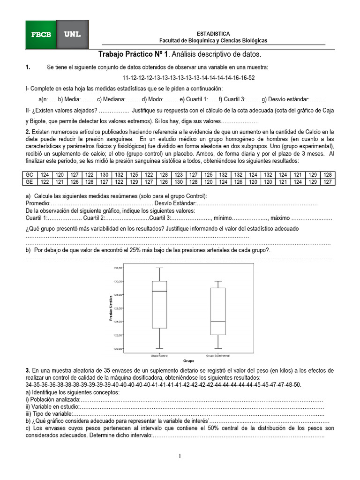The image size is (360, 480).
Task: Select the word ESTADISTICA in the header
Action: click(213, 34)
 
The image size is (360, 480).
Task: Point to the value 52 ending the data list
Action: click(252, 77)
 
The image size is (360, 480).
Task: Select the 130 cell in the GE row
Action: click(179, 182)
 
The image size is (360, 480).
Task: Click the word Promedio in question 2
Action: click(37, 203)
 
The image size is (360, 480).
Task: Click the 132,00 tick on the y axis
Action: click(118, 268)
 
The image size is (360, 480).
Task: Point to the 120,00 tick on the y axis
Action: click(118, 348)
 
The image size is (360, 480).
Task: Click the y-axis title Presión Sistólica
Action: click(111, 308)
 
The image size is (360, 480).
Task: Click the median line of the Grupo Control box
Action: click(160, 291)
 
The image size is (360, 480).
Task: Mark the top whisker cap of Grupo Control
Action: click(160, 268)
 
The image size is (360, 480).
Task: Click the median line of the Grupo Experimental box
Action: click(218, 322)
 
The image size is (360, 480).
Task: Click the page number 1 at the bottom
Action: click(180, 456)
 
